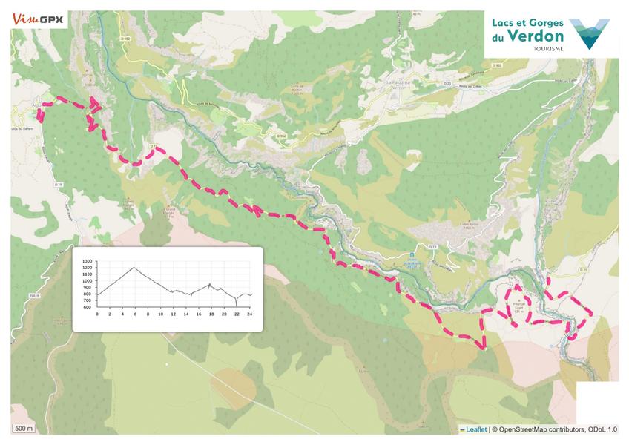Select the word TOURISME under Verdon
point(547,49)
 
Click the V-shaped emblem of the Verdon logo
point(590,33)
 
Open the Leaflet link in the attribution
point(475,429)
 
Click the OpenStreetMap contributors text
point(539,429)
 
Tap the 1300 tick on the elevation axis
point(87,262)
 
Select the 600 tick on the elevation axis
point(87,307)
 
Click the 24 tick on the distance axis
point(250,314)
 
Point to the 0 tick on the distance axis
point(97,314)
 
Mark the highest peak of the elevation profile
point(134,267)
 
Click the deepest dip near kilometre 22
point(237,305)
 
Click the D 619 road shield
point(34,296)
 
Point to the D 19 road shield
point(59,183)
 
